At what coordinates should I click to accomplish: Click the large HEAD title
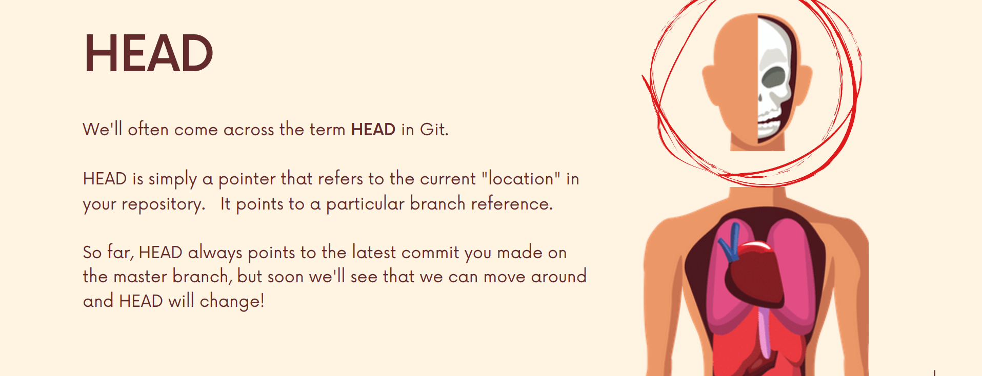coord(148,53)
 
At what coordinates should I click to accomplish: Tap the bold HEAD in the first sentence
coord(373,130)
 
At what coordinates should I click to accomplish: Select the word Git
coord(434,130)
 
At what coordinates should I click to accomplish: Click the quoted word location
coord(521,179)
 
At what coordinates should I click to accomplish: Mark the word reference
coord(512,204)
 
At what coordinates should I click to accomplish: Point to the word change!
coord(232,301)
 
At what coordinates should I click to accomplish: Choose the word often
coord(148,130)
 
